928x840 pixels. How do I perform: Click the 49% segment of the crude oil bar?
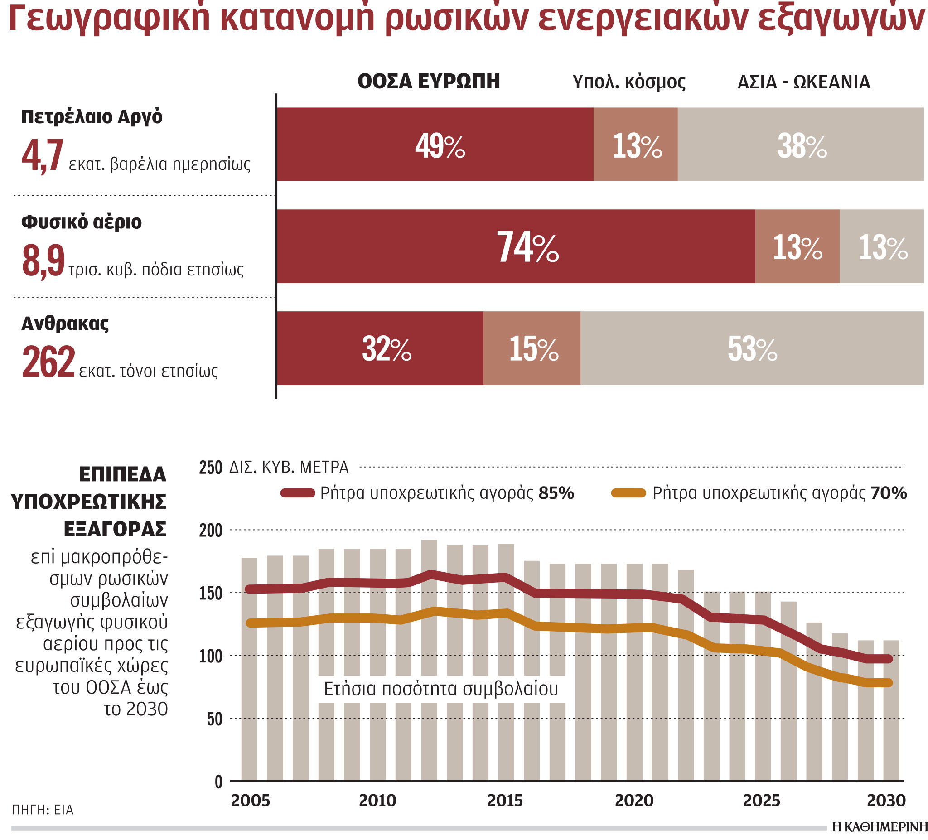tap(435, 144)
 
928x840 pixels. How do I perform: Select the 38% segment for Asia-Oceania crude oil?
tap(800, 144)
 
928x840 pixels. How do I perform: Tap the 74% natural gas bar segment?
tap(516, 246)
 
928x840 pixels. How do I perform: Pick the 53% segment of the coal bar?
tap(752, 348)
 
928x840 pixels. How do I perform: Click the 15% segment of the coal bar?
tap(532, 348)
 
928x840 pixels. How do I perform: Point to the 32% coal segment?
tap(380, 348)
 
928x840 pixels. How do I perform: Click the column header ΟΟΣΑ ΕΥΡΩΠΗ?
tap(429, 82)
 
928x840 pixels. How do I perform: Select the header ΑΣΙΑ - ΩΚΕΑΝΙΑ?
tap(804, 82)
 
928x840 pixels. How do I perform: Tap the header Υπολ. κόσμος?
tap(629, 82)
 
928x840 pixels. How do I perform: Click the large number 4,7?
tap(42, 156)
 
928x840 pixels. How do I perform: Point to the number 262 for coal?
tap(48, 362)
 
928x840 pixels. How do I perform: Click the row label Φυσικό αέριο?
tap(82, 222)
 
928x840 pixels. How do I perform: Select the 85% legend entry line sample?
tap(298, 493)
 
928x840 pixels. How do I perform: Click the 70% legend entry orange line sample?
tap(628, 493)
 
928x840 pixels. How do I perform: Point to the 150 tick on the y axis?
tap(210, 593)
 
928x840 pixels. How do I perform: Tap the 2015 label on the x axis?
tap(505, 801)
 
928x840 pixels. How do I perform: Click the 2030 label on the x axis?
tap(886, 801)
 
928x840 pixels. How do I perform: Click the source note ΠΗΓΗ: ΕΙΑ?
tap(42, 810)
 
